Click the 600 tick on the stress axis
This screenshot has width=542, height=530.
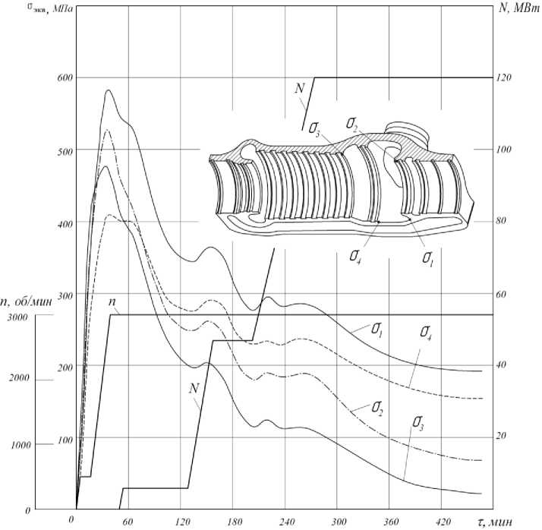(65, 77)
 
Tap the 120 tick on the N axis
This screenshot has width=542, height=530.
(503, 77)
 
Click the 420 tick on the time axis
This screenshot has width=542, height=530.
(443, 522)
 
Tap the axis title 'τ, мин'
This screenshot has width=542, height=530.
(492, 522)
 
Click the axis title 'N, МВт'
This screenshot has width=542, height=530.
(519, 8)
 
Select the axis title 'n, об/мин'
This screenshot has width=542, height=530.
(27, 301)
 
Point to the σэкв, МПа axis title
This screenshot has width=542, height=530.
(50, 8)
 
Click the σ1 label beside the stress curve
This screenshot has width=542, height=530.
(377, 330)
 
